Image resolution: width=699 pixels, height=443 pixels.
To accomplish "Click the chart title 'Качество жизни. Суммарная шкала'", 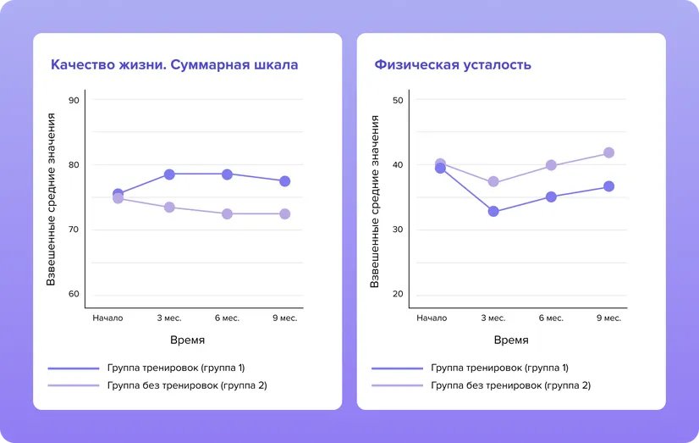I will pyautogui.click(x=174, y=64).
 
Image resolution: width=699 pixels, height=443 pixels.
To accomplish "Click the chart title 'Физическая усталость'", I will pyautogui.click(x=453, y=64).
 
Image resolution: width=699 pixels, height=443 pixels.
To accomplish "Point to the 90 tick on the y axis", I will pyautogui.click(x=74, y=100).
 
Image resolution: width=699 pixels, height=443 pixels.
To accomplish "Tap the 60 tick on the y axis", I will pyautogui.click(x=74, y=294).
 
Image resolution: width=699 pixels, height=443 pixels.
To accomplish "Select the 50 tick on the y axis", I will pyautogui.click(x=398, y=100).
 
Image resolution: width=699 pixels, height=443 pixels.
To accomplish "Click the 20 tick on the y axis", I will pyautogui.click(x=398, y=294).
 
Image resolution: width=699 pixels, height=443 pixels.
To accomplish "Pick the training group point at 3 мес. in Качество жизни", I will pyautogui.click(x=169, y=174).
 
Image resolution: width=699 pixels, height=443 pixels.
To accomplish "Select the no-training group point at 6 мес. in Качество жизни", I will pyautogui.click(x=227, y=214).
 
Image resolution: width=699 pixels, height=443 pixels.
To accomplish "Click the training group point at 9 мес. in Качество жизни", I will pyautogui.click(x=285, y=181).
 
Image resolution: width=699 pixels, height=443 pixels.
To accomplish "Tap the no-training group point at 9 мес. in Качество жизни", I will pyautogui.click(x=285, y=214).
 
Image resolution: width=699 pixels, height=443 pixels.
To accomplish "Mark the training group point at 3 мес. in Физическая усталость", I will pyautogui.click(x=493, y=212).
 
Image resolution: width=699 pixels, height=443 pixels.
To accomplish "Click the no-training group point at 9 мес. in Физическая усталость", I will pyautogui.click(x=608, y=153).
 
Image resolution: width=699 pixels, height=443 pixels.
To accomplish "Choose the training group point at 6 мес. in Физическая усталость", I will pyautogui.click(x=551, y=197).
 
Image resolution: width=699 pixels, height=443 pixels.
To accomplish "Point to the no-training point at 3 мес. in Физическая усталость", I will pyautogui.click(x=493, y=182).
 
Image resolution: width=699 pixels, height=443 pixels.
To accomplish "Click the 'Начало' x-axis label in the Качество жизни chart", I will pyautogui.click(x=107, y=318).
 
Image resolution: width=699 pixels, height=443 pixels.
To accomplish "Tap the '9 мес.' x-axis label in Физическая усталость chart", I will pyautogui.click(x=608, y=318).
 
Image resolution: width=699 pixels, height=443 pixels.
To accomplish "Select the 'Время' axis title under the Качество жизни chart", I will pyautogui.click(x=187, y=341).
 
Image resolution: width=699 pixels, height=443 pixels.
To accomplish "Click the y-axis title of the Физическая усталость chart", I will pyautogui.click(x=375, y=201).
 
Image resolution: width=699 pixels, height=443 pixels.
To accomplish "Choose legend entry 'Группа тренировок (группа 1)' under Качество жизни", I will pyautogui.click(x=176, y=368).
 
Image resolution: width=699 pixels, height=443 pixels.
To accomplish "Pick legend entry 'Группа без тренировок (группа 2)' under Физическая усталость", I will pyautogui.click(x=510, y=385).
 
